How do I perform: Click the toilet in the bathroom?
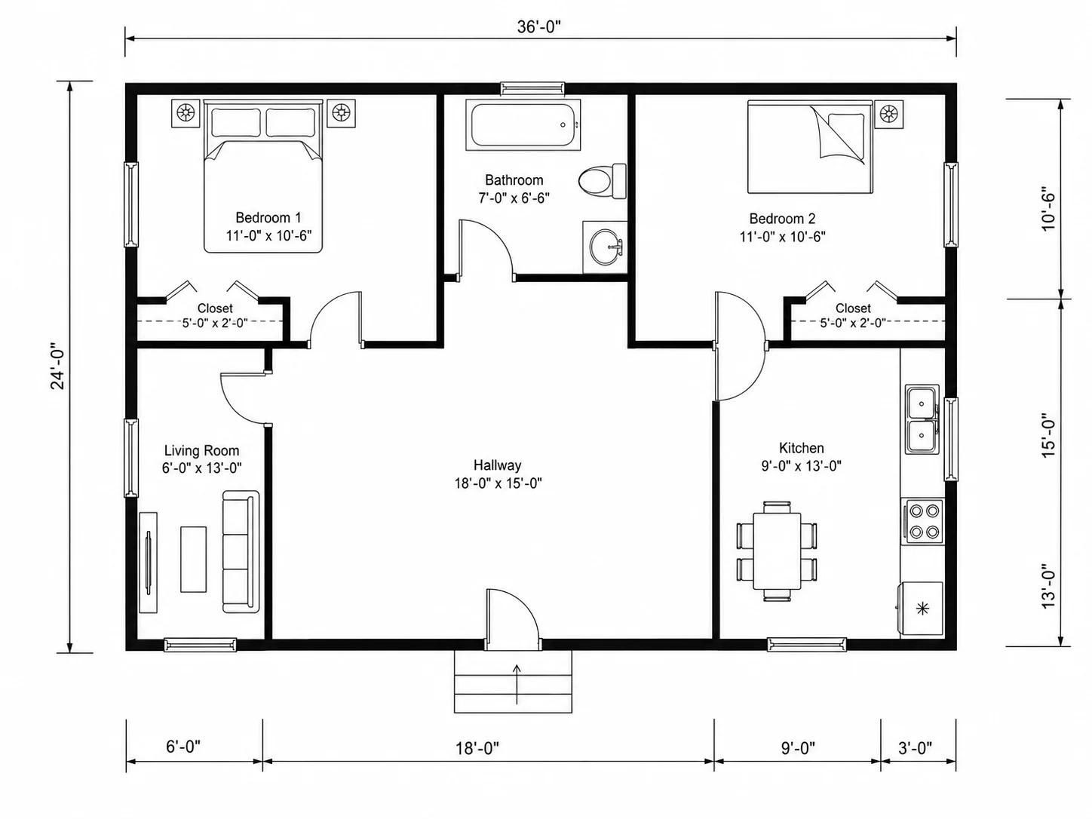point(602,181)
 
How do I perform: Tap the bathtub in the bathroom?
point(523,125)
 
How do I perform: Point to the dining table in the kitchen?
point(777,551)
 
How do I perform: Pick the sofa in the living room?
point(241,551)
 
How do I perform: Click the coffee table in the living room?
point(193,560)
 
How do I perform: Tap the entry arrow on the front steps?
point(517,684)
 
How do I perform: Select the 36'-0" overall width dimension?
point(538,27)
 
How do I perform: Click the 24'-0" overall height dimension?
point(57,366)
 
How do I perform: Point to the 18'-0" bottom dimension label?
point(477,748)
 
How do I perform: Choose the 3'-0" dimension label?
point(915,748)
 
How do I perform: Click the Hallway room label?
point(497,465)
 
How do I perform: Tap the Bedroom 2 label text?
point(782,218)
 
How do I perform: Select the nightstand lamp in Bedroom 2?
point(889,115)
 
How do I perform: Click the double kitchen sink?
point(922,419)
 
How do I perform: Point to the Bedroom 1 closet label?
point(215,308)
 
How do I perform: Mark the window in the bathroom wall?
point(533,88)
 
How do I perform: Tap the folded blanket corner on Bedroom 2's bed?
point(837,134)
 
